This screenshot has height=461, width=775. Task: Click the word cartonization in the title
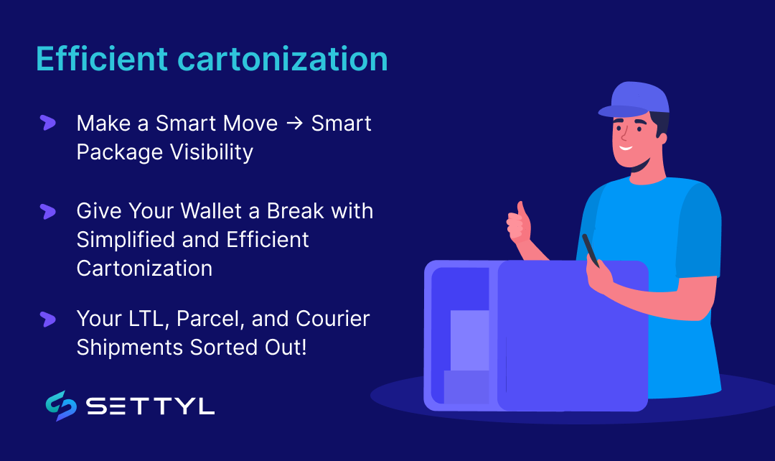pos(283,59)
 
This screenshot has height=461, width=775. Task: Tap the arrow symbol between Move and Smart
pos(294,124)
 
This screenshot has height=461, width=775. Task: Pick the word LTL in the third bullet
pos(152,318)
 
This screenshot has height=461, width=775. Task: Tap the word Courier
pos(331,318)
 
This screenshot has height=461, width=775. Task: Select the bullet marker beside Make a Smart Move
pos(48,123)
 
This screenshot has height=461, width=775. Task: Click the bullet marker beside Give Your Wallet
pos(48,211)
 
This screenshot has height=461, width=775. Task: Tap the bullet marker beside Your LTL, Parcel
pos(48,319)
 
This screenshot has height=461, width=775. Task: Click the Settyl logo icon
pos(60,406)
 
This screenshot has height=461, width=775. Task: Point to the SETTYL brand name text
pos(151,407)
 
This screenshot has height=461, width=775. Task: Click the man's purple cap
pos(634,99)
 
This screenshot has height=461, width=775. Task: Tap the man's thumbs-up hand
pos(518,223)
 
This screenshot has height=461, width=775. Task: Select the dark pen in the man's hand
pos(591,249)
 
